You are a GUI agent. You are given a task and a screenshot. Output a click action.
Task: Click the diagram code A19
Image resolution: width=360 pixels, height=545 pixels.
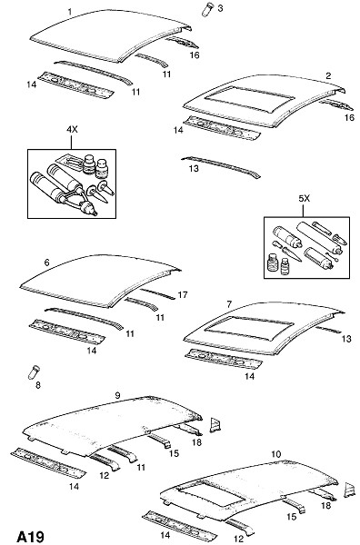tap(31, 537)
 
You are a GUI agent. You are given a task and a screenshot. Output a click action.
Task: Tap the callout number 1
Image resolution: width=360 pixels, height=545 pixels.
tap(70, 12)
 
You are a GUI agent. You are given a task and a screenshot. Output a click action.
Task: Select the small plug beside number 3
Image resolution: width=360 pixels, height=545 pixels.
tap(207, 9)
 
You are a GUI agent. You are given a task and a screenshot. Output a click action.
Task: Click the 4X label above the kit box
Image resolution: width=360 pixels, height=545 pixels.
tap(72, 130)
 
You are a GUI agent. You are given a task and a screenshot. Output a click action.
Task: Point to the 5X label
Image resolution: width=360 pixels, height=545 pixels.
tap(304, 198)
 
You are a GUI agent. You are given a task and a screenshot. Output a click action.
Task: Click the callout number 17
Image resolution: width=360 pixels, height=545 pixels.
tap(183, 295)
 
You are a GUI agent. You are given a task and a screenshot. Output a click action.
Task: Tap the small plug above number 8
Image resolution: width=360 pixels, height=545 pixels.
tap(34, 372)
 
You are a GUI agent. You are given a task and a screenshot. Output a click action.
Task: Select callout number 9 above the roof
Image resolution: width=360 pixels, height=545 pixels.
tap(117, 395)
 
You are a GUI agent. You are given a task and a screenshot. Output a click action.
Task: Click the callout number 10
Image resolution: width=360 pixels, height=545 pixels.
tap(275, 454)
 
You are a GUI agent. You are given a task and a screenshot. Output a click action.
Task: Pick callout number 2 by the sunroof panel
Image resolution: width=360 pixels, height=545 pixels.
tap(328, 75)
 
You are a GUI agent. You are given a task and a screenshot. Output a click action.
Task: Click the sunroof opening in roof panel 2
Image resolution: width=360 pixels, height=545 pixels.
tap(248, 99)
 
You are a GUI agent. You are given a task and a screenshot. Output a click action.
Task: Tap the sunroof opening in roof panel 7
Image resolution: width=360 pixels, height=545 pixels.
tap(249, 328)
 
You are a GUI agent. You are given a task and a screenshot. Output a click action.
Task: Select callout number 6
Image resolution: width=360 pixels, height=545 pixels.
tap(47, 263)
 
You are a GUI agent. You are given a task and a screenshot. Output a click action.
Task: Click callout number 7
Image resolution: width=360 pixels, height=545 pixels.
tap(229, 304)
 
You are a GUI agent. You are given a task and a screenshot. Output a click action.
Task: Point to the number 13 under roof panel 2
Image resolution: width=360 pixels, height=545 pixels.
tap(194, 169)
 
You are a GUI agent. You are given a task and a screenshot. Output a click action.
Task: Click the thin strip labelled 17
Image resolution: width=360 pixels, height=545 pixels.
tap(157, 293)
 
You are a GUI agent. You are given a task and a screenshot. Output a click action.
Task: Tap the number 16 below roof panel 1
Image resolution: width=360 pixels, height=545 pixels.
tap(195, 54)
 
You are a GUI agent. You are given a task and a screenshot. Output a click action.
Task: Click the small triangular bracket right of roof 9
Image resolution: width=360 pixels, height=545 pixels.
tap(215, 425)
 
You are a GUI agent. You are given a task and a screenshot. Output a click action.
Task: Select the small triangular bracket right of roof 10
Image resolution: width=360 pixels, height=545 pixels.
tap(349, 489)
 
